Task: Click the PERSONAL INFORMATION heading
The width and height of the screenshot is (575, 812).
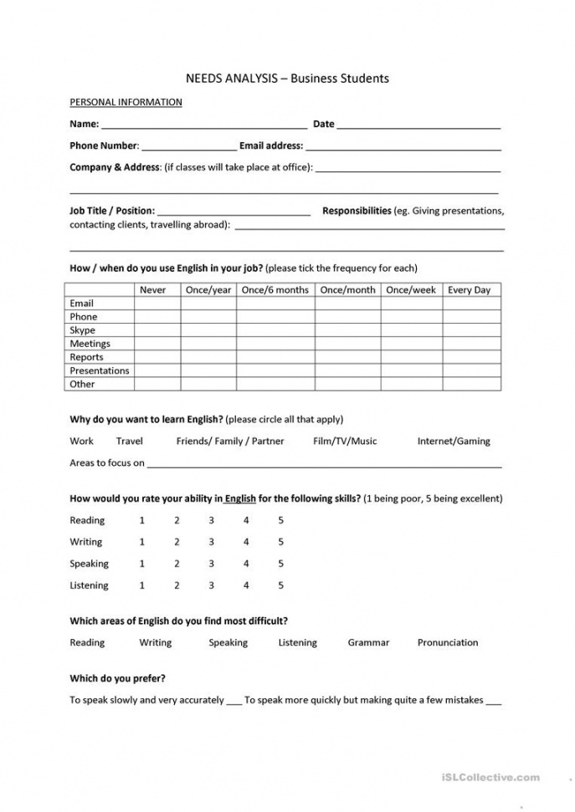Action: (x=126, y=102)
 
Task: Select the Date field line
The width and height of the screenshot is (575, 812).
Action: (x=418, y=126)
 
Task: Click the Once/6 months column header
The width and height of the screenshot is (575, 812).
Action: (x=275, y=290)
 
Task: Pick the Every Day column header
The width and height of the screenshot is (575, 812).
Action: (x=470, y=290)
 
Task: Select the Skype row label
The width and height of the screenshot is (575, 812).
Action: (x=82, y=330)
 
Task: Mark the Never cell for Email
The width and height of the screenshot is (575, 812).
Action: (x=157, y=304)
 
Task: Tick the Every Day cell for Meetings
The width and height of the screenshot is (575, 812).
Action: (x=470, y=344)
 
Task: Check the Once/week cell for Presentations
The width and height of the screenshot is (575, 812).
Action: (x=411, y=370)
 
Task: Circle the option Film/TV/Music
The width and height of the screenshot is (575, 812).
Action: (x=345, y=441)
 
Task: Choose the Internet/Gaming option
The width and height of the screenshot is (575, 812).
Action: (x=454, y=441)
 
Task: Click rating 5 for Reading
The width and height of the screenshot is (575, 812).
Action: (x=280, y=520)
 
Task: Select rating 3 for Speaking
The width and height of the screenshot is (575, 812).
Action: (x=211, y=564)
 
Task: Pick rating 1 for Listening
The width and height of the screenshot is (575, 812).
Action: (x=142, y=585)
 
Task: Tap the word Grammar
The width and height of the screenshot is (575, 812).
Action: (x=368, y=642)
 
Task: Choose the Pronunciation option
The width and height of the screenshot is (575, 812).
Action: (x=448, y=642)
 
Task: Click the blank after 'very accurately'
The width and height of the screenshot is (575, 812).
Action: (x=234, y=702)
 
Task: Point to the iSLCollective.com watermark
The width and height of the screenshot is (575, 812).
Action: (x=490, y=778)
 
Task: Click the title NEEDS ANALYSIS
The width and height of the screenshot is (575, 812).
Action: (x=234, y=79)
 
